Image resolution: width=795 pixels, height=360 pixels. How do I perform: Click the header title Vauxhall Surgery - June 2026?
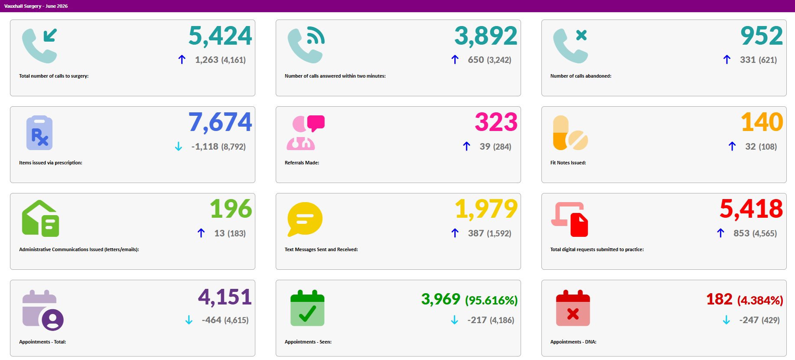pyautogui.click(x=36, y=6)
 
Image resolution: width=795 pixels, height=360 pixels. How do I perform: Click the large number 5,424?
pyautogui.click(x=220, y=36)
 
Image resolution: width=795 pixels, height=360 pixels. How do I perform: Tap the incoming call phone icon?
pyautogui.click(x=39, y=46)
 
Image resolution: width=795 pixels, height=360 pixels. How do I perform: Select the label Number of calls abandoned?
pyautogui.click(x=581, y=76)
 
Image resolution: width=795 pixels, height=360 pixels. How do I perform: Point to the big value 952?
pyautogui.click(x=762, y=36)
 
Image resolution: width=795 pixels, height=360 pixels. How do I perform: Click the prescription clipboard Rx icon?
pyautogui.click(x=39, y=133)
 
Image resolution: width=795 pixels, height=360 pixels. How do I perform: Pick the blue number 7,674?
pyautogui.click(x=220, y=122)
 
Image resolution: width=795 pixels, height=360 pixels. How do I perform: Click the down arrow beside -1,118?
pyautogui.click(x=178, y=147)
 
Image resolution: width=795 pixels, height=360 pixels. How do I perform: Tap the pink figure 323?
pyautogui.click(x=496, y=122)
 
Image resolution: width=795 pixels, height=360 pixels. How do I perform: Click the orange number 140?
pyautogui.click(x=762, y=122)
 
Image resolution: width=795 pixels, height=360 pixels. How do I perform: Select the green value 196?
pyautogui.click(x=231, y=209)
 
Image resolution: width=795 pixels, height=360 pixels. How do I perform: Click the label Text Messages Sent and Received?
pyautogui.click(x=321, y=249)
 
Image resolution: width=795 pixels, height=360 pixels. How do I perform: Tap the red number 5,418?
pyautogui.click(x=751, y=209)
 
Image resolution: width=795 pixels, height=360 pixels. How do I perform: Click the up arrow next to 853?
pyautogui.click(x=720, y=233)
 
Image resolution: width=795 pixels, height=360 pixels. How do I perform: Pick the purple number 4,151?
pyautogui.click(x=225, y=298)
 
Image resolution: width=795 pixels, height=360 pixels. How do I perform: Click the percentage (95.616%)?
pyautogui.click(x=491, y=300)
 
